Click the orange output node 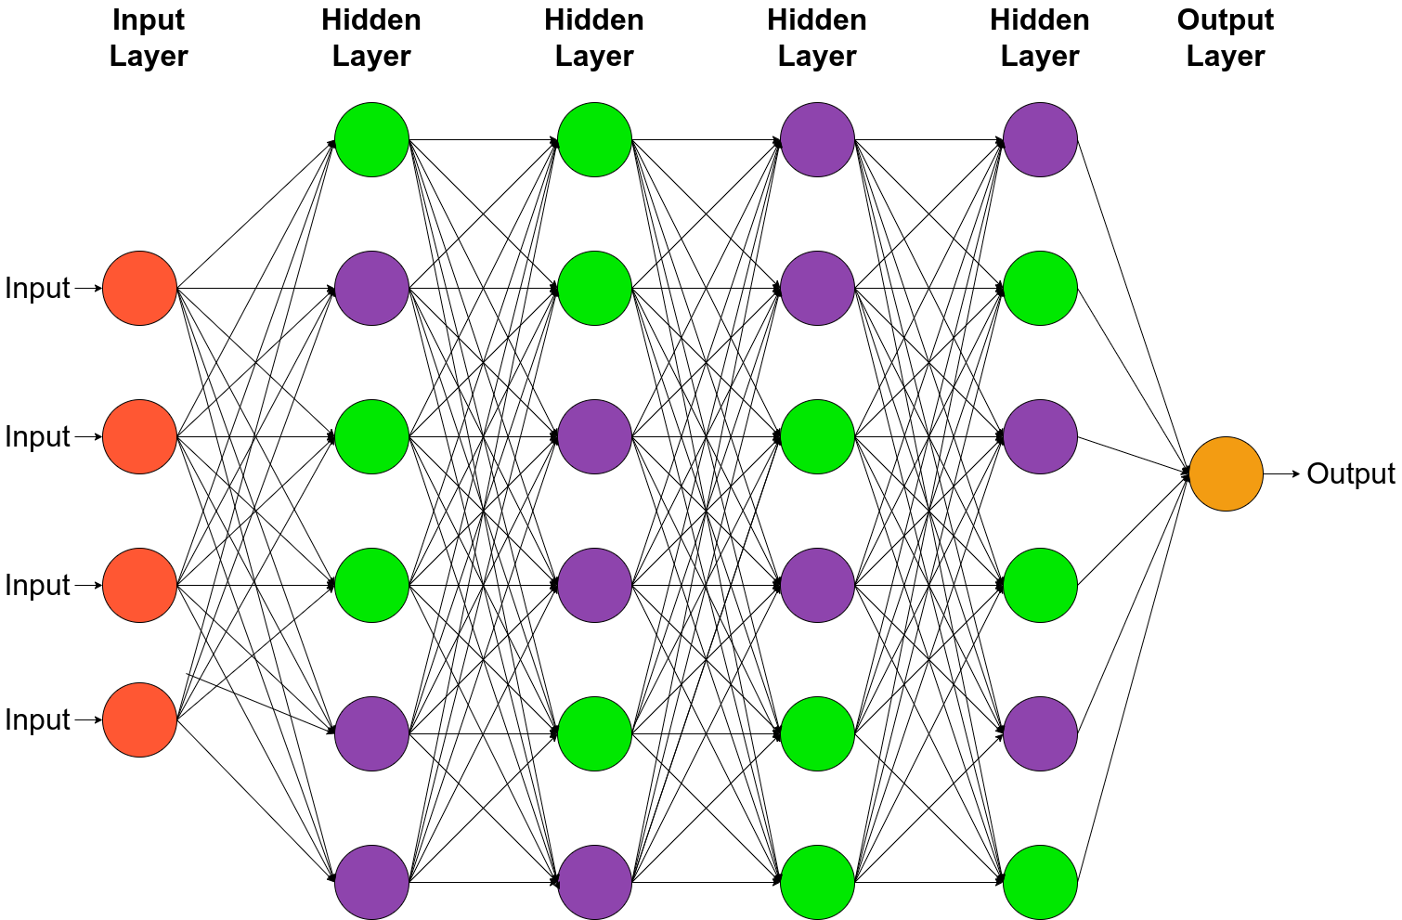[x=1226, y=473]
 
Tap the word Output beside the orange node [x=1350, y=473]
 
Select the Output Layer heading [x=1225, y=37]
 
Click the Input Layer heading [x=149, y=37]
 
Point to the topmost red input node [x=139, y=288]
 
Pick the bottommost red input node [x=139, y=719]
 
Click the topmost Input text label [x=37, y=288]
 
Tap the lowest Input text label [x=37, y=719]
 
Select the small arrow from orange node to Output [x=1282, y=473]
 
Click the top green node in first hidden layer [x=371, y=139]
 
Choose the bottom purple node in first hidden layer [x=371, y=882]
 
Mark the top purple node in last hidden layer [x=1040, y=139]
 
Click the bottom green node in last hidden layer [x=1040, y=882]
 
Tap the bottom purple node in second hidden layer [x=594, y=882]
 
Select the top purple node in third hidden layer [x=817, y=139]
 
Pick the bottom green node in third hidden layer [x=817, y=882]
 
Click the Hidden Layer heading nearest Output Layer [x=1040, y=37]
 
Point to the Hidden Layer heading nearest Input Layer [x=371, y=37]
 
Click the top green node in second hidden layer [x=594, y=139]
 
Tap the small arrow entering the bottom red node [x=87, y=719]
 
